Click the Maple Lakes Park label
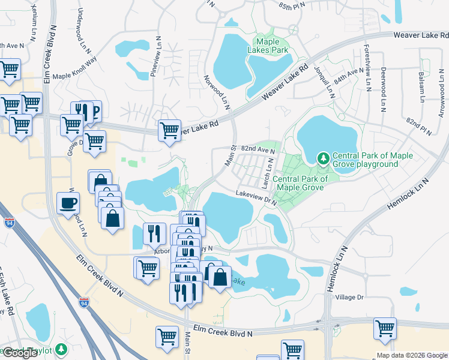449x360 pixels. [272, 46]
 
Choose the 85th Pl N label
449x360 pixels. [292, 5]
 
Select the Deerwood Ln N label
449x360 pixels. [382, 89]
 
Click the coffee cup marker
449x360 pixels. [68, 202]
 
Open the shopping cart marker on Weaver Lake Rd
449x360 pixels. [169, 129]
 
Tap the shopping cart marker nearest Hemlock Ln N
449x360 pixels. [385, 328]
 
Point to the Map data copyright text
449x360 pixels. [411, 355]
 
